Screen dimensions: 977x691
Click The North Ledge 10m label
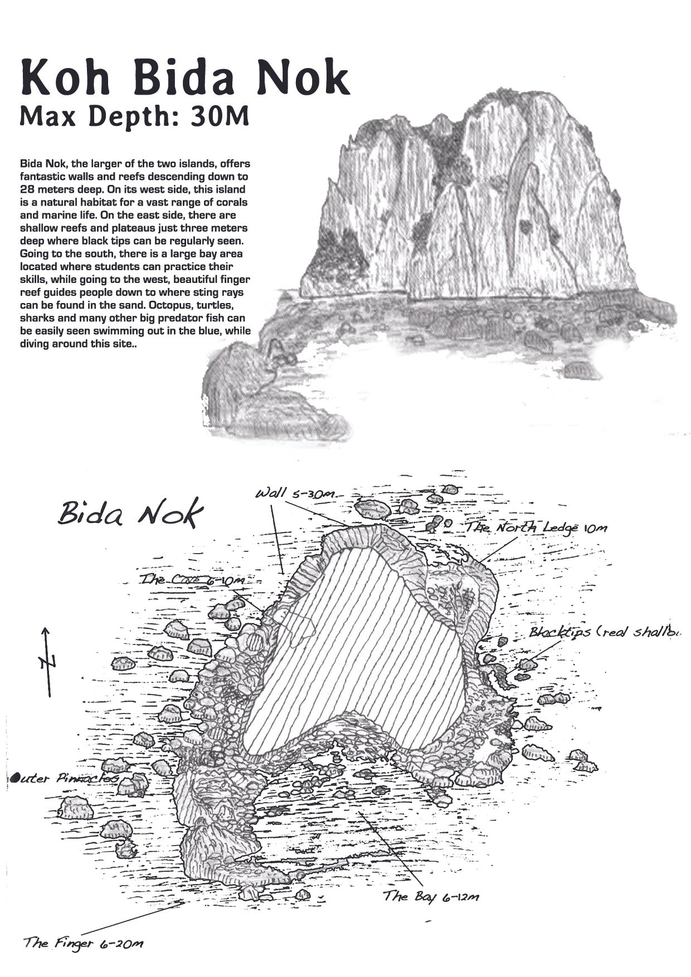click(536, 527)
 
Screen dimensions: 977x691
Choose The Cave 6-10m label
click(192, 580)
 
